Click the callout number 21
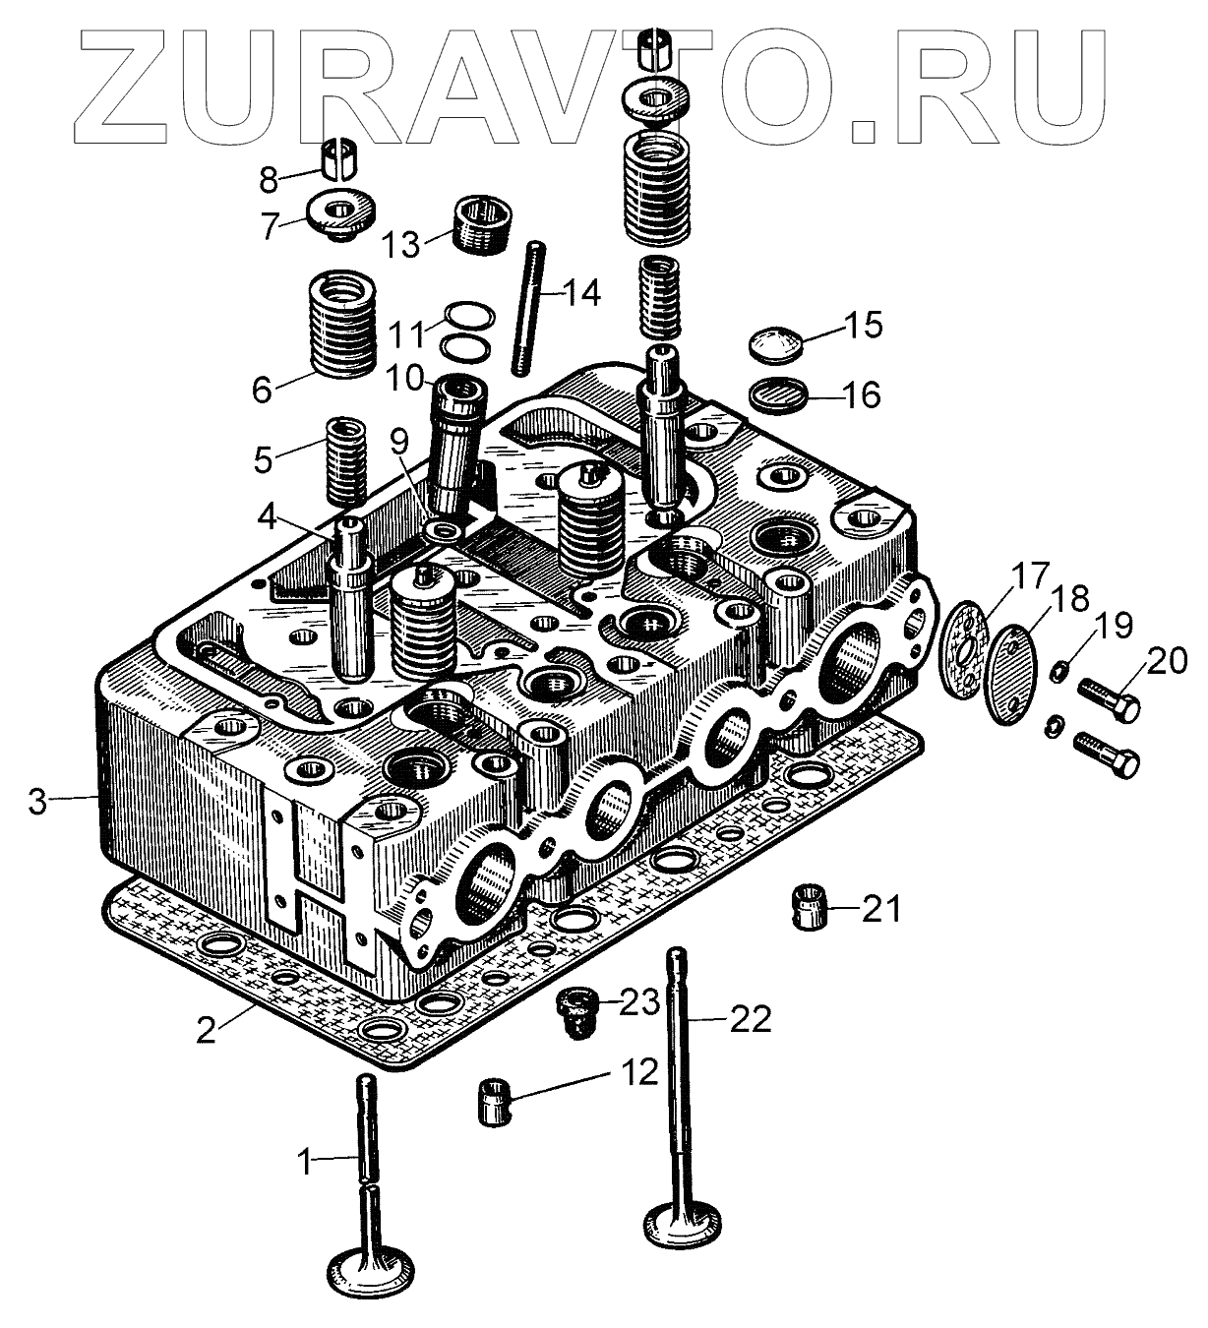881,909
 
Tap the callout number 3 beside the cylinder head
37,801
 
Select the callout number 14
580,292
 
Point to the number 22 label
750,1019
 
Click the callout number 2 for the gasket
206,1030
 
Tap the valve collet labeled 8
340,156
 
